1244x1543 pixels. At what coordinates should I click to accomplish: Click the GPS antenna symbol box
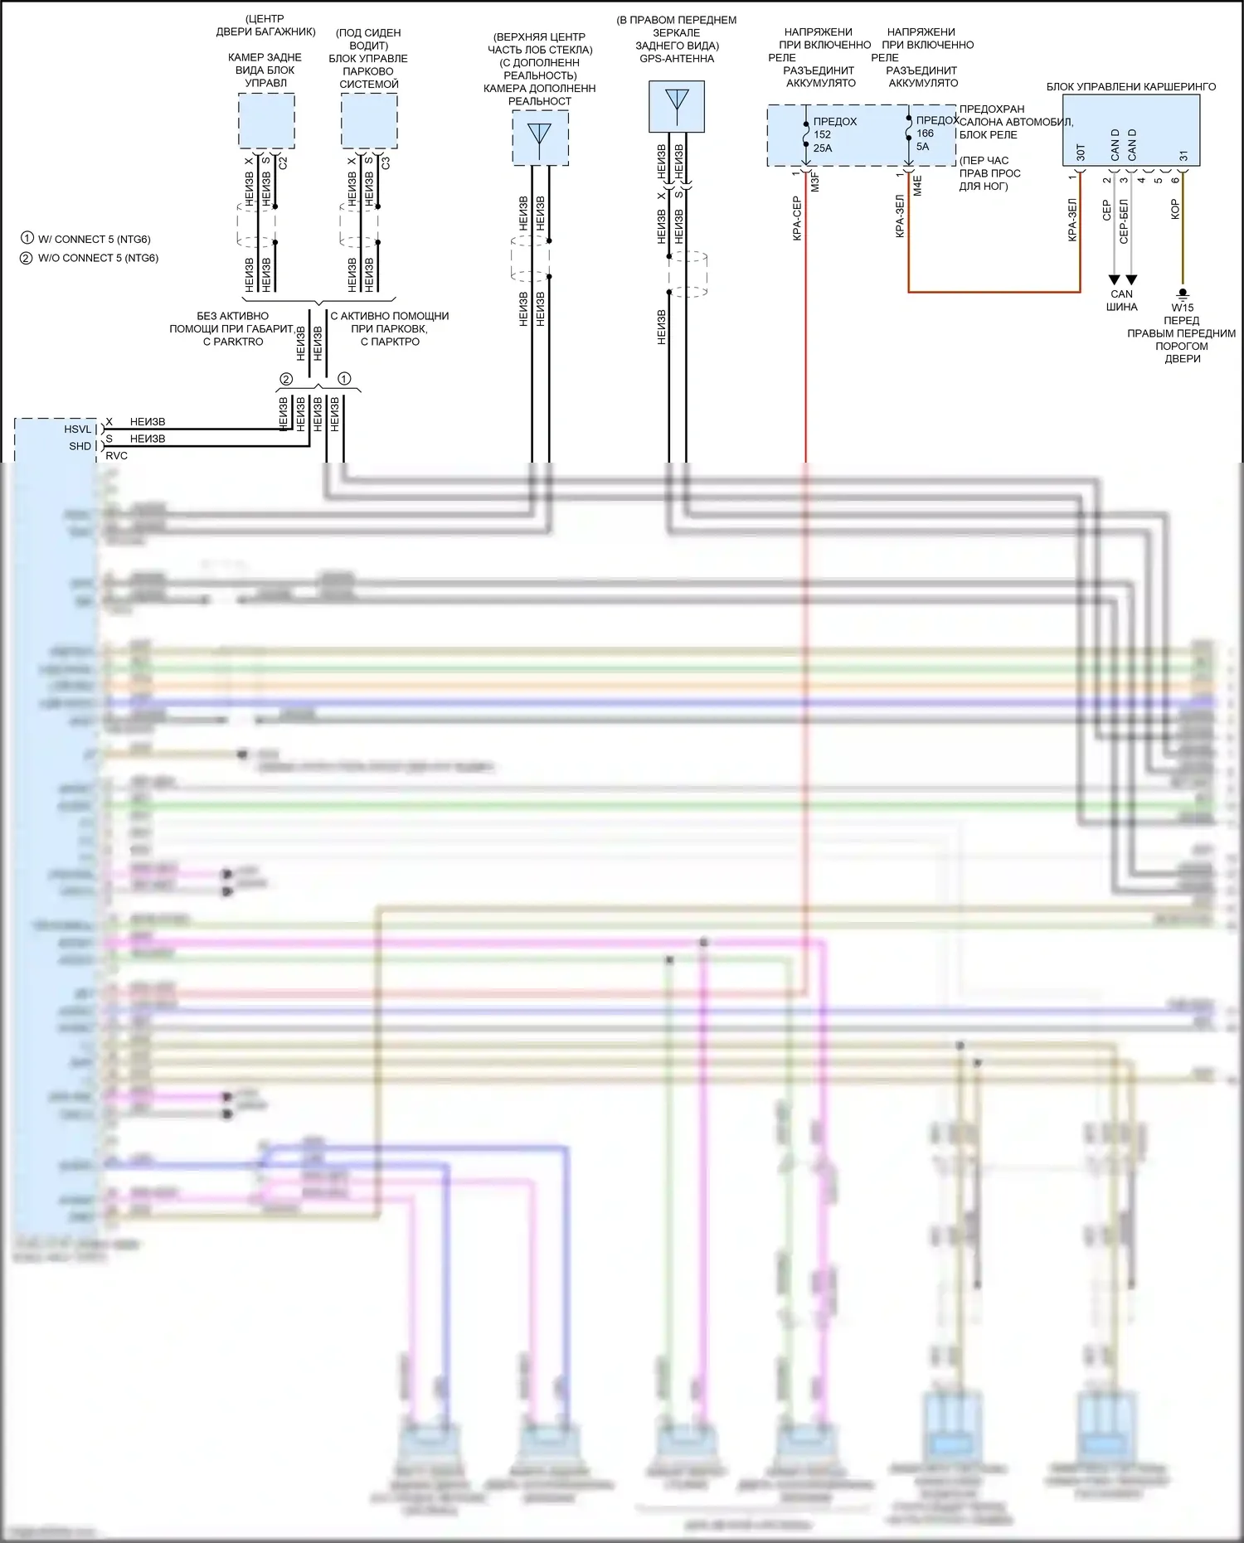[677, 106]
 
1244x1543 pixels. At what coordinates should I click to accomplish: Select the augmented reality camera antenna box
[540, 138]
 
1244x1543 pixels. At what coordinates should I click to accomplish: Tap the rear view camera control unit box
[266, 121]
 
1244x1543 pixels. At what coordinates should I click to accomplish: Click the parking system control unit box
[369, 121]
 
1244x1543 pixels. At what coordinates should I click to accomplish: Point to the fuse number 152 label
[822, 134]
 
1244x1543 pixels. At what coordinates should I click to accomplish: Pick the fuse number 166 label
[925, 133]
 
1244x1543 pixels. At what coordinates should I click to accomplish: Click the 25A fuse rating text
[822, 148]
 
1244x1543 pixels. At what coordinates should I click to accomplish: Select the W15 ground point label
[1183, 308]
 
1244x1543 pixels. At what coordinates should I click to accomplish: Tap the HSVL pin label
[78, 429]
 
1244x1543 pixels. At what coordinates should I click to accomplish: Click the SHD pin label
[80, 446]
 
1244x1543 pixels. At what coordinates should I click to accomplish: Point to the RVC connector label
[117, 456]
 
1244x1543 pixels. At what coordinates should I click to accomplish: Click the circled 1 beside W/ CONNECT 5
[27, 239]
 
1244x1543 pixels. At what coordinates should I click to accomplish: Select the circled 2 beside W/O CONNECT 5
[27, 258]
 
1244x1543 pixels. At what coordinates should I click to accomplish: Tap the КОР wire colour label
[1175, 210]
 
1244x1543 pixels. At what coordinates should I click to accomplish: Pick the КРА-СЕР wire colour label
[797, 218]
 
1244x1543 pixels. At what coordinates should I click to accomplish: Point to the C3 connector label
[386, 163]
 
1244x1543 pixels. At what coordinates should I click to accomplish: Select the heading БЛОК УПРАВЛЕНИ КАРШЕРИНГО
[1131, 87]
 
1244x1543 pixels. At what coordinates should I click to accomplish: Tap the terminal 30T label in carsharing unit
[1081, 153]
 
